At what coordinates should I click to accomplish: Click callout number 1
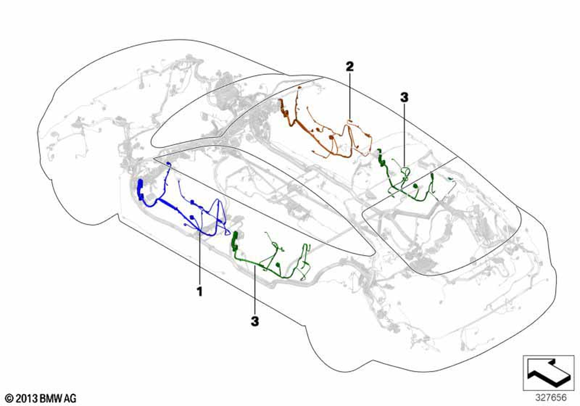click(200, 291)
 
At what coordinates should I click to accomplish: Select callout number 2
click(350, 67)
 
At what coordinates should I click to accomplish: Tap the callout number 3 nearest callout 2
click(404, 97)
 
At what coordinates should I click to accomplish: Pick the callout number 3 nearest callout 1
click(255, 321)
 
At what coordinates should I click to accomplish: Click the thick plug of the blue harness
click(140, 189)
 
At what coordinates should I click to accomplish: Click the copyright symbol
click(9, 398)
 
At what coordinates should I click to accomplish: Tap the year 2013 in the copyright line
click(27, 398)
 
